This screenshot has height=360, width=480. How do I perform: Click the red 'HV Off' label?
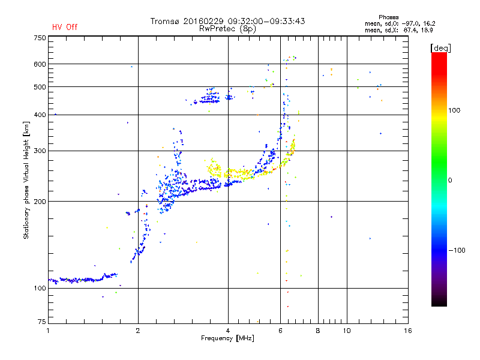point(65,27)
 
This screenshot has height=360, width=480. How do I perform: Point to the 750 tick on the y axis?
point(40,38)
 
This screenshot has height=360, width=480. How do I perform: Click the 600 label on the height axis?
point(40,64)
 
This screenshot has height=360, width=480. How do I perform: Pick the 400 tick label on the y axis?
point(40,115)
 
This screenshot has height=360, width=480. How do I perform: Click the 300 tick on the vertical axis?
point(40,151)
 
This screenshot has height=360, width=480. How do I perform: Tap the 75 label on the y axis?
point(41,322)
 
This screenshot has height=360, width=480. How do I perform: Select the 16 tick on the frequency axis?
point(407,331)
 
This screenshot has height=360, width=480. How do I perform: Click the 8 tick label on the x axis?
point(318,331)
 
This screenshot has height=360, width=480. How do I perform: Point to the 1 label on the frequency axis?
point(48,331)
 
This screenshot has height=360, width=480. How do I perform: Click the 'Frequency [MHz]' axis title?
point(227,338)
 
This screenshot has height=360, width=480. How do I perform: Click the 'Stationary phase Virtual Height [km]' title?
point(26,180)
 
